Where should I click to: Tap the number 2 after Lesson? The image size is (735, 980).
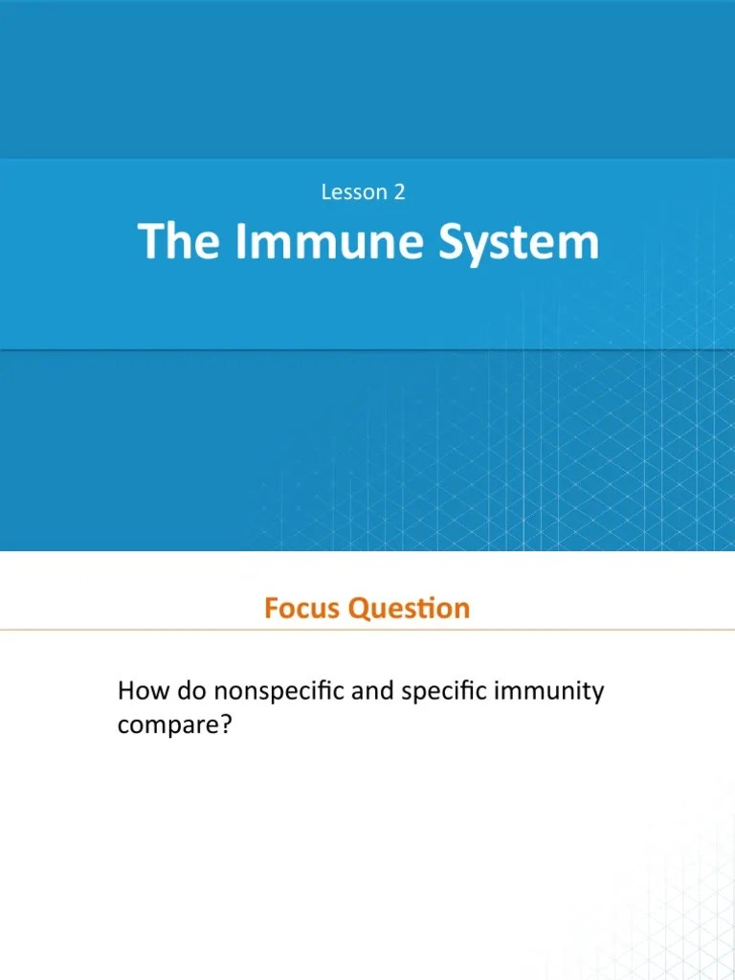point(399,191)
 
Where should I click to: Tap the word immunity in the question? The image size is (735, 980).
point(549,691)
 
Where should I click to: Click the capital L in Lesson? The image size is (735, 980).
point(326,191)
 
